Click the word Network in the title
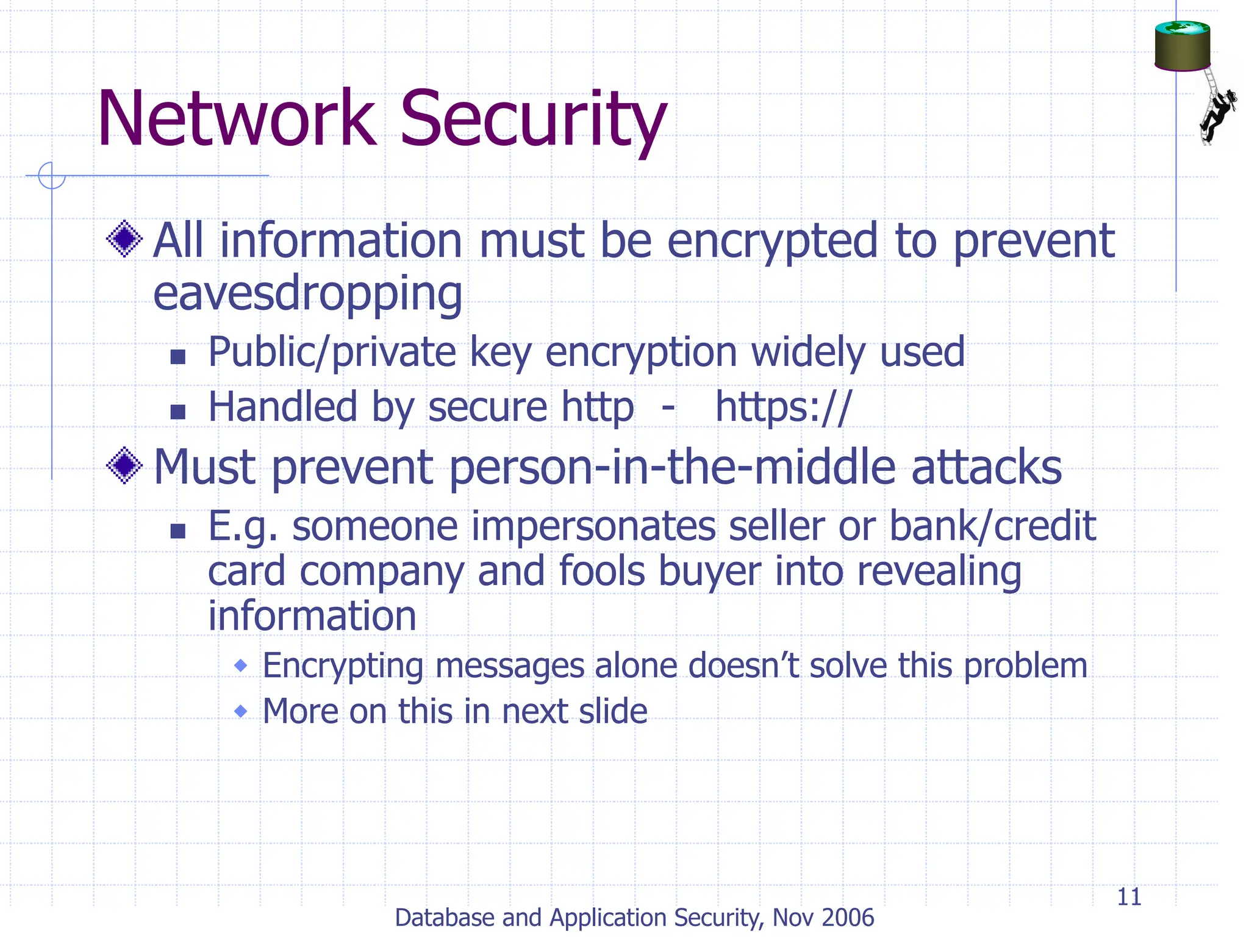[237, 119]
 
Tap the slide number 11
[1129, 897]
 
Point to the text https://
[783, 407]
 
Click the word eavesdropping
[307, 294]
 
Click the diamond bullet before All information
[124, 239]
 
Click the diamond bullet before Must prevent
[124, 466]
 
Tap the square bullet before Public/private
[177, 356]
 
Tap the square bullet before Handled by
[177, 412]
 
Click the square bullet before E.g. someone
[177, 531]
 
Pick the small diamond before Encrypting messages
[241, 665]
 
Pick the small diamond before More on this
[241, 711]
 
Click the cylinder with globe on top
[1182, 46]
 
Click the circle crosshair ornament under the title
[51, 176]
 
